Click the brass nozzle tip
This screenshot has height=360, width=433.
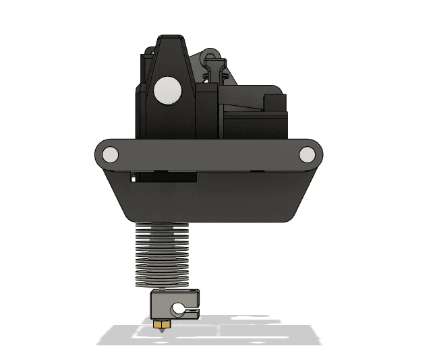tap(162, 324)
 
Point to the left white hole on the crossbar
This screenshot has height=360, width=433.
tap(110, 156)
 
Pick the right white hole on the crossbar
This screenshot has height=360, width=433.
tap(308, 156)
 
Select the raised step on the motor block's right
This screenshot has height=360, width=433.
tap(277, 102)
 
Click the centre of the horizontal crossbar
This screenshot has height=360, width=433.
tap(209, 155)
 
